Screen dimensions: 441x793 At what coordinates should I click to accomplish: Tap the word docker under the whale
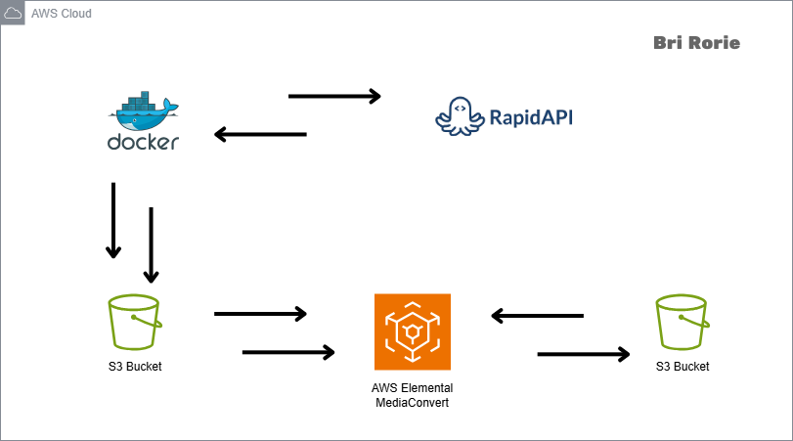pos(143,142)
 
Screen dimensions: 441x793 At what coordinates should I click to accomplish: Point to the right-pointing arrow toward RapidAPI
pos(334,96)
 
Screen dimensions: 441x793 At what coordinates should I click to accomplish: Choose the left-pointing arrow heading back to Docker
pos(260,135)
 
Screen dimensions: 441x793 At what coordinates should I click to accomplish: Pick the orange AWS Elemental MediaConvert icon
pos(413,332)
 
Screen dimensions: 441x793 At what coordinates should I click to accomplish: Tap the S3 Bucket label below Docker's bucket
pos(136,367)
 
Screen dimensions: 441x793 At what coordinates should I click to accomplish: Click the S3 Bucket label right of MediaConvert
pos(683,367)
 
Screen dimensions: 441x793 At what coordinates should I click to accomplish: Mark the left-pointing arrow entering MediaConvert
pos(537,316)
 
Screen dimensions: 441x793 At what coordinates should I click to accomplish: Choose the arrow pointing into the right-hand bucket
pos(584,353)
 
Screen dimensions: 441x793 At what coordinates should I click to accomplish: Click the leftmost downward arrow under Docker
pos(113,220)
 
